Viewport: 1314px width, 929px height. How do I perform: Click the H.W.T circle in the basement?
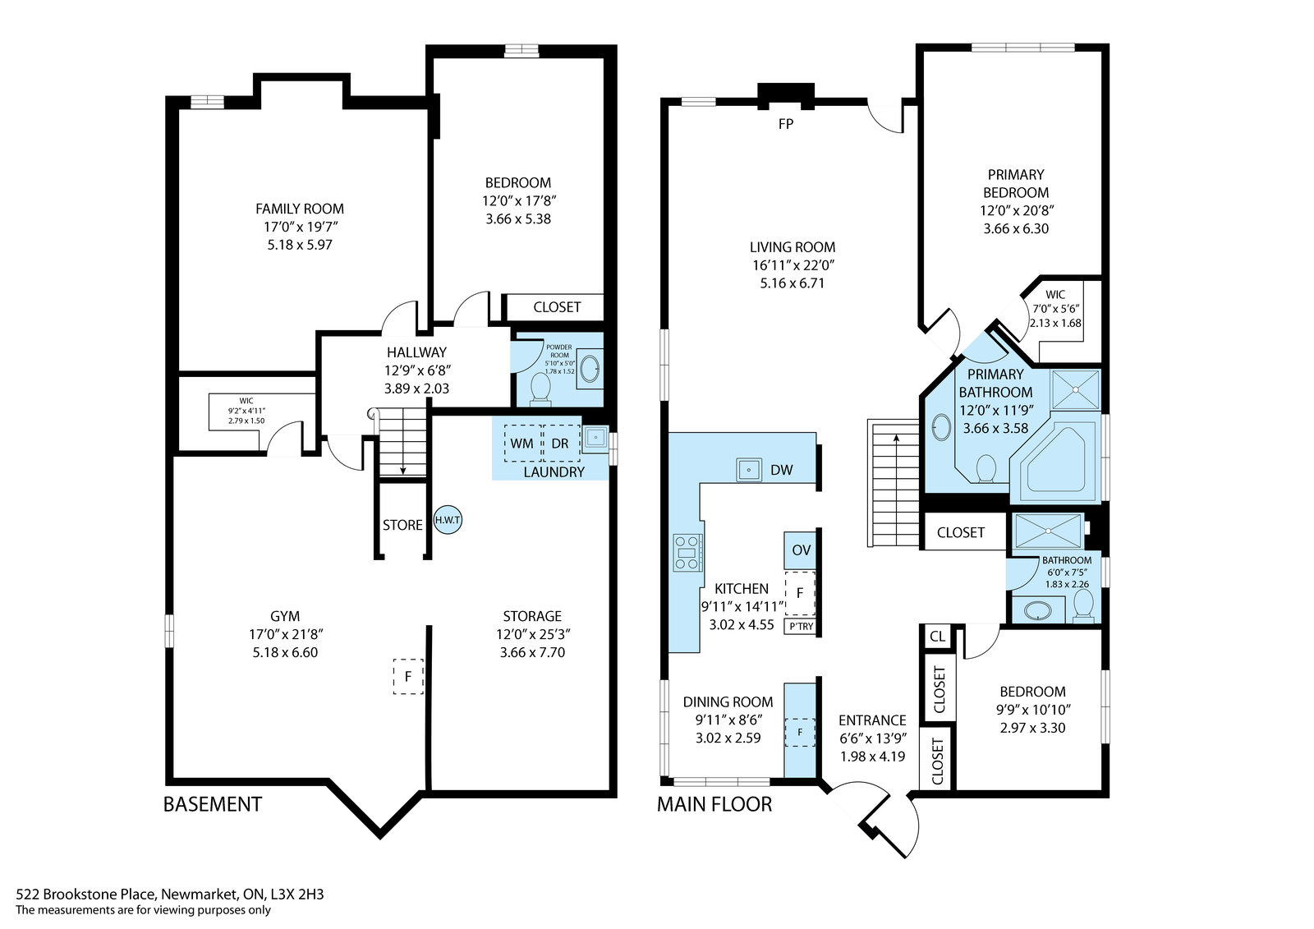click(x=448, y=520)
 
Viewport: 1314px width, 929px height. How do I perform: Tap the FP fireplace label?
click(x=785, y=124)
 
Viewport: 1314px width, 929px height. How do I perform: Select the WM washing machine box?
click(x=522, y=443)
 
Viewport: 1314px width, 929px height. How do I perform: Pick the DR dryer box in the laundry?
click(x=561, y=443)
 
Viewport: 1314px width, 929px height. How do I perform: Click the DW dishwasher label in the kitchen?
click(x=781, y=470)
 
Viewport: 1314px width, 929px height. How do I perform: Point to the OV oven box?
click(x=801, y=550)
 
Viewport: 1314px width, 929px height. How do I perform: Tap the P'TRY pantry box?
click(x=801, y=626)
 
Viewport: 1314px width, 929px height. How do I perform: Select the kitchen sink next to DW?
click(x=749, y=470)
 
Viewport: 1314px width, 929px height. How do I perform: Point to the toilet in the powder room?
click(x=540, y=389)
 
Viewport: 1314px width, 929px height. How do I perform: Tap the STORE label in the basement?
click(x=402, y=525)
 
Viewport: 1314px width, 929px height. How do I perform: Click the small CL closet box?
click(x=937, y=636)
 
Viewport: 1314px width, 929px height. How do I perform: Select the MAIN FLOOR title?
click(x=714, y=803)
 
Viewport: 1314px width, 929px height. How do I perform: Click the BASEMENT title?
click(x=213, y=803)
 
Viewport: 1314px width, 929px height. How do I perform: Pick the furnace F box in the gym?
click(x=408, y=677)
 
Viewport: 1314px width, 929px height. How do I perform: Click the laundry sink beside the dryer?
click(x=596, y=439)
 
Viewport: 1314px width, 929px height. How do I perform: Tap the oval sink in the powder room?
click(x=590, y=369)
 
